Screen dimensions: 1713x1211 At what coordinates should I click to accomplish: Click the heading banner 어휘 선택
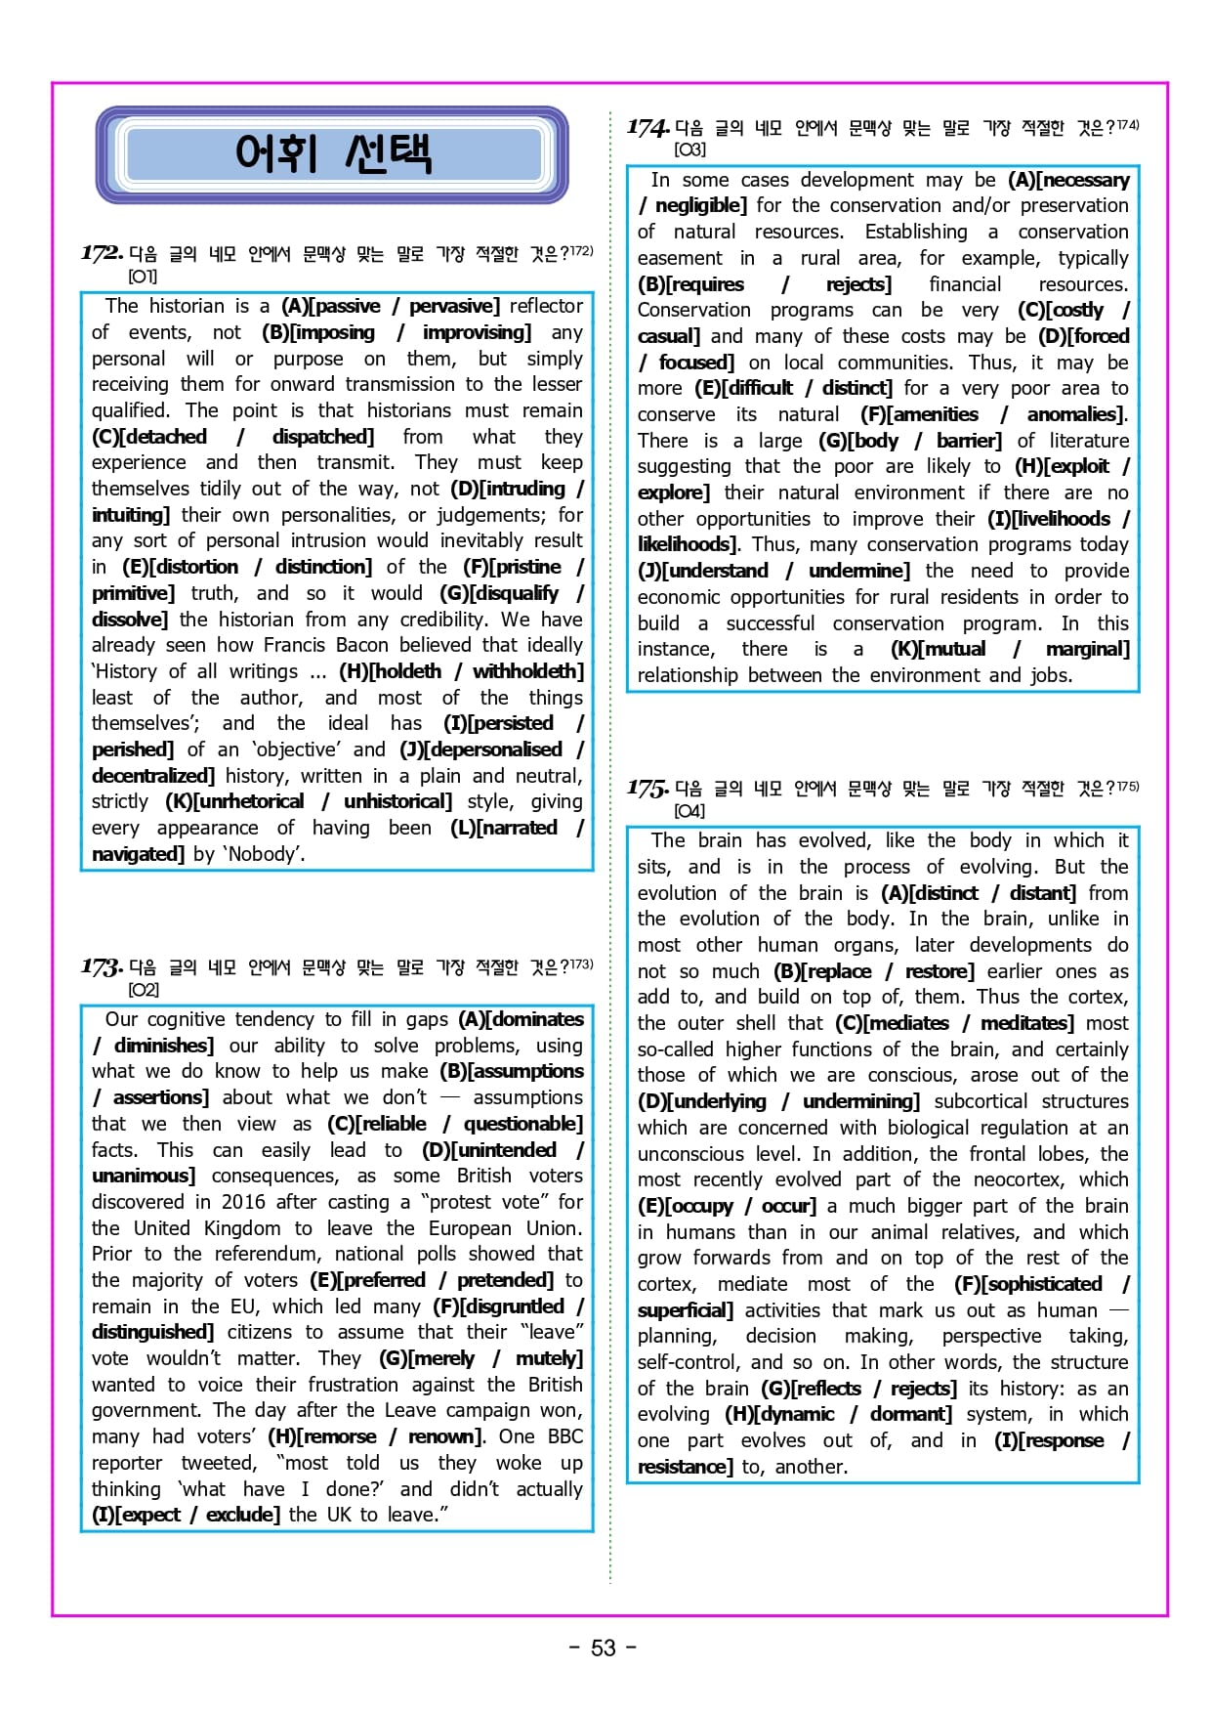[332, 154]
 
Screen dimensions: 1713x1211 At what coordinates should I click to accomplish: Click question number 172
[102, 253]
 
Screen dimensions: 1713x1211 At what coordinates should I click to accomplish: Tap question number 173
[102, 966]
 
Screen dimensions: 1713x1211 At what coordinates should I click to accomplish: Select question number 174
[647, 127]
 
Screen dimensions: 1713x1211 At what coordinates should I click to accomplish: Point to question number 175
[647, 788]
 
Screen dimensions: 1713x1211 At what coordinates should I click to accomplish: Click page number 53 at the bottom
[604, 1648]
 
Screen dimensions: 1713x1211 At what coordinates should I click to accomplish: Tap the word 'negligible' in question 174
[698, 205]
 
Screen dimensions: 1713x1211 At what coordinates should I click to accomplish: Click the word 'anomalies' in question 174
[1072, 414]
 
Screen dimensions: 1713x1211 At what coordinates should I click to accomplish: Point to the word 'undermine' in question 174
[856, 571]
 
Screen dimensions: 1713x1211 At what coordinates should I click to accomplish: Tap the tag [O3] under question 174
[689, 150]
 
